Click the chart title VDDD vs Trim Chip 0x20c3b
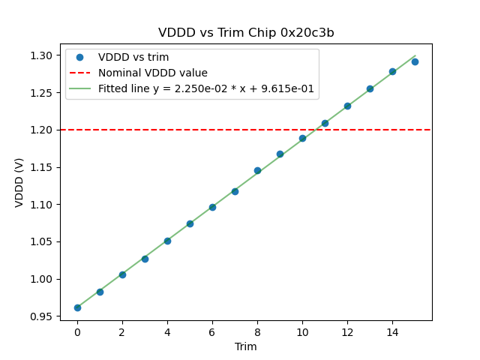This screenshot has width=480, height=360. coord(246,33)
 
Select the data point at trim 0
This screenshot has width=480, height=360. coord(77,307)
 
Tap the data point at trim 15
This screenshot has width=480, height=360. coord(415,61)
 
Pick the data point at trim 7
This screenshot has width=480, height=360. coord(235,191)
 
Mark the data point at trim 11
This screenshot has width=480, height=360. coord(325,123)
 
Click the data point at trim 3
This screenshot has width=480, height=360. coord(145,259)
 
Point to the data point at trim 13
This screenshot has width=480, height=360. coord(370,88)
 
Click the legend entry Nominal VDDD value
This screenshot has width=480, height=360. coord(153,73)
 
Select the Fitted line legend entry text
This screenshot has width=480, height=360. coord(206,88)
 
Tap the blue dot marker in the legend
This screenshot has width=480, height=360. coord(79,57)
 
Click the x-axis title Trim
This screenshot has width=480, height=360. coord(246,346)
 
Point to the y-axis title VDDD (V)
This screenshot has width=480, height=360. coord(19,182)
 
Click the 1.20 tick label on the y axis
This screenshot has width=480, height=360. coord(42,130)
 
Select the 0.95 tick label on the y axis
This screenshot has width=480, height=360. coord(42,316)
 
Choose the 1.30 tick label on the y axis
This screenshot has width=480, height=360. coord(42,55)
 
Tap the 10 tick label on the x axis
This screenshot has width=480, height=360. coord(302,331)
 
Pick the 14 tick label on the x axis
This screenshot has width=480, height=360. coord(392,331)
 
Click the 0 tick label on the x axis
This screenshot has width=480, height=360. coord(77,331)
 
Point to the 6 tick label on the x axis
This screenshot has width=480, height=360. coord(212,331)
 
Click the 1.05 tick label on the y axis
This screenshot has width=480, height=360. coord(42,241)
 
